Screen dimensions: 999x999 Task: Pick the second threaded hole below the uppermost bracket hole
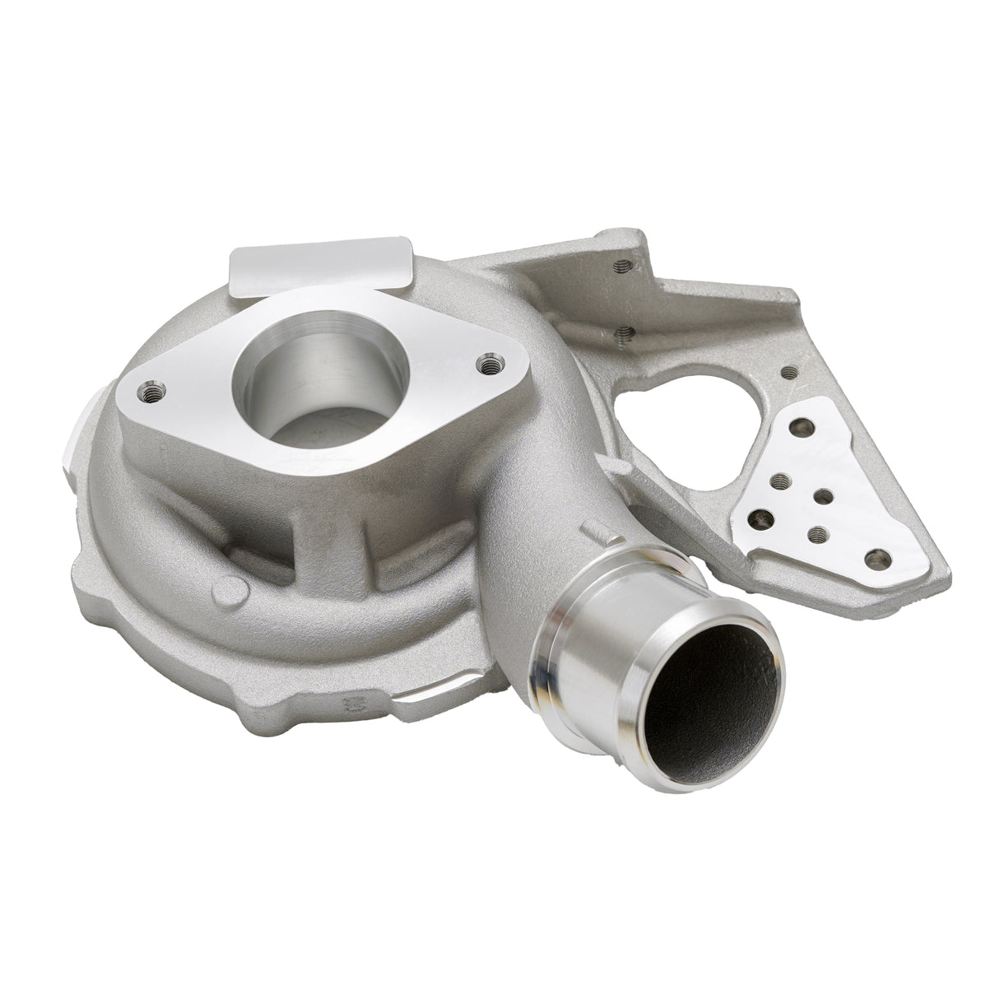(x=623, y=333)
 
